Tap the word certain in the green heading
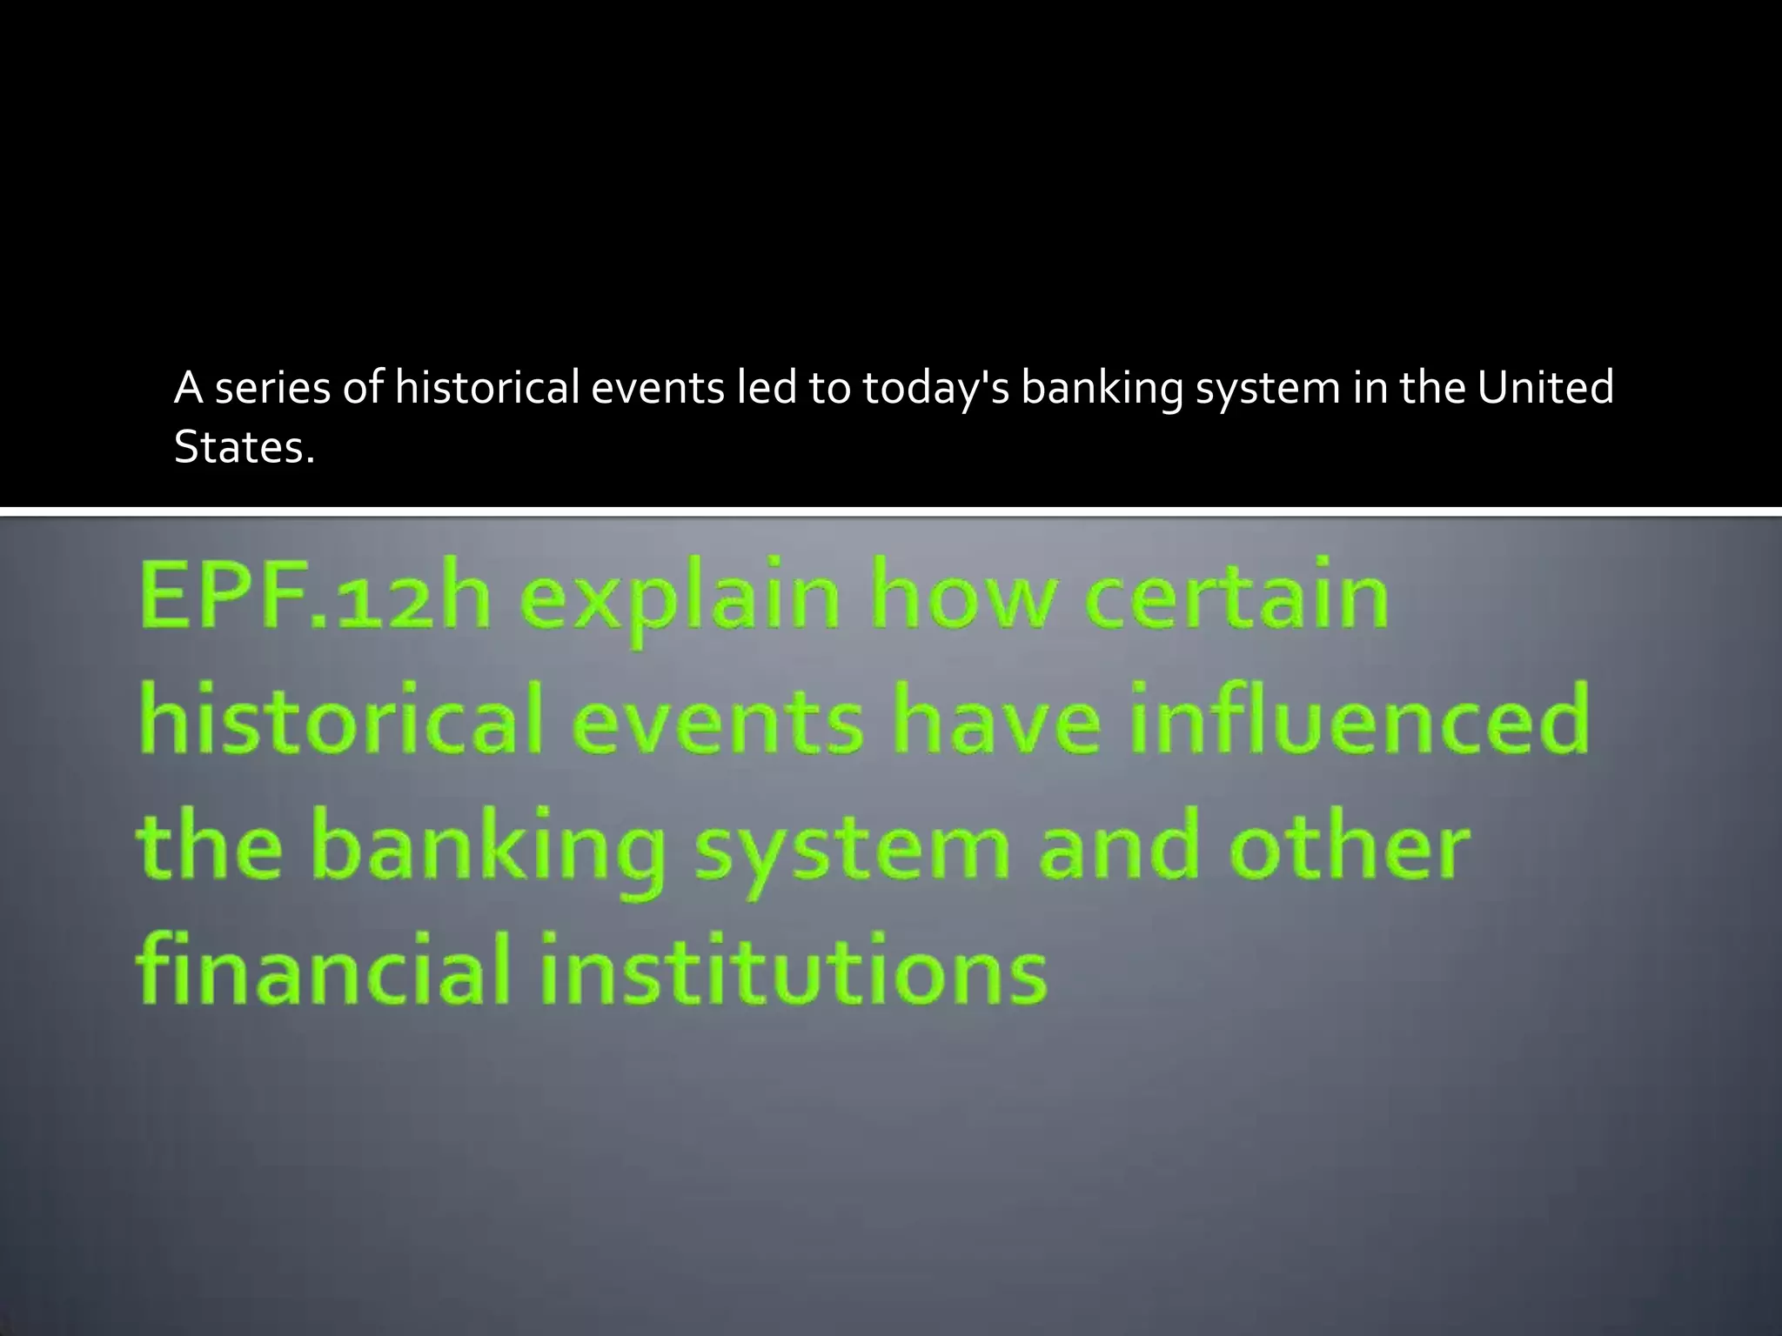pos(1236,595)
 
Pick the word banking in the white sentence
pos(1101,389)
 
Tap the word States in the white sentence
pos(244,447)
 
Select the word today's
pos(935,389)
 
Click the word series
pos(272,388)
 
